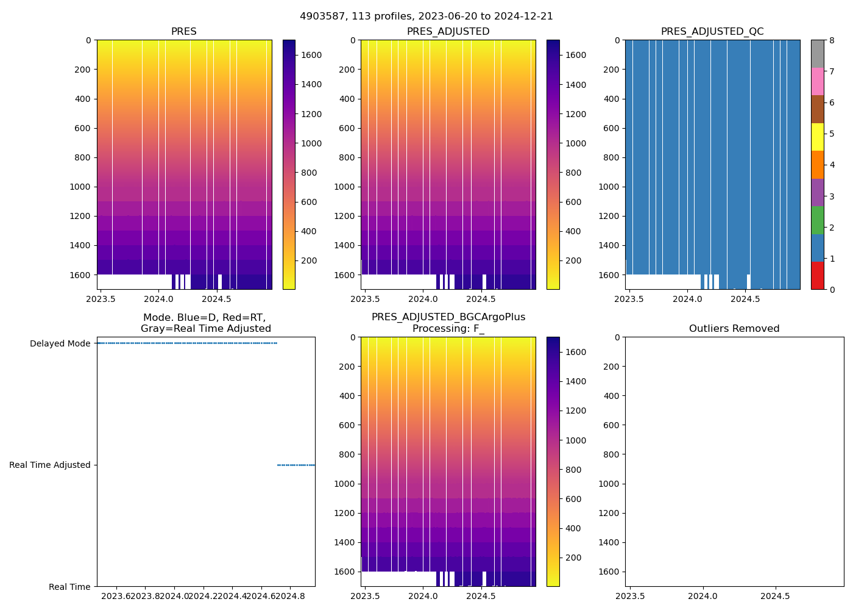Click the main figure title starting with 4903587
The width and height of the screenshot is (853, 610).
coord(426,16)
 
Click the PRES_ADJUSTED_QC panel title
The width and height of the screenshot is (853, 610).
coord(712,32)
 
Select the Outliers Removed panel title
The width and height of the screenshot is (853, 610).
coord(734,329)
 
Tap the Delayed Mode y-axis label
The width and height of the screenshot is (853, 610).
coord(60,343)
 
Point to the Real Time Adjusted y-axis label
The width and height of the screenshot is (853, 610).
coord(50,465)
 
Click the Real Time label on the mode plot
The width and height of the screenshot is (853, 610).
coord(69,587)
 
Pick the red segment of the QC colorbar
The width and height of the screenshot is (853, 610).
coord(817,275)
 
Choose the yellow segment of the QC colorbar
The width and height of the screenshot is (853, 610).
coord(817,137)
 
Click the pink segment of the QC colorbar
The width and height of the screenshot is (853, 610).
coord(817,81)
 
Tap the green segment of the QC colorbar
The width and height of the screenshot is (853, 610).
coord(817,220)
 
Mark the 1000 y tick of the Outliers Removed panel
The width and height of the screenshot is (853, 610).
coord(609,484)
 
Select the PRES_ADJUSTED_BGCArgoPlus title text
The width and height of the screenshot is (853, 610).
coord(448,317)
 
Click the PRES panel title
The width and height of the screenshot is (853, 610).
coord(184,32)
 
